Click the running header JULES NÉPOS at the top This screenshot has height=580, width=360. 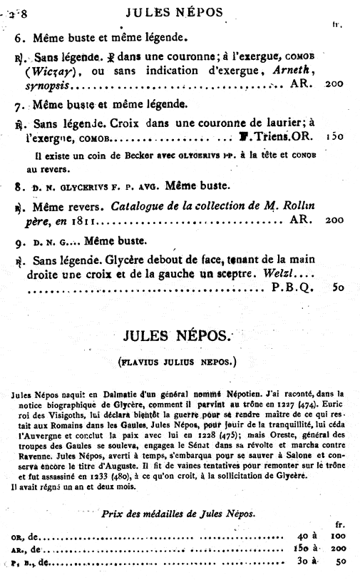click(x=174, y=11)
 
